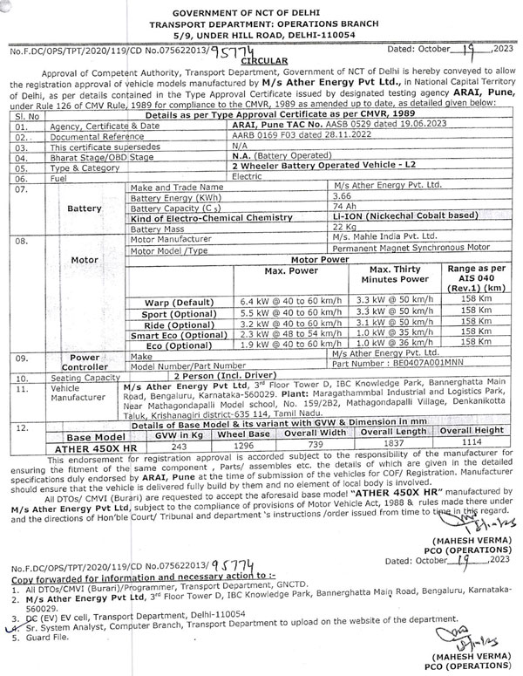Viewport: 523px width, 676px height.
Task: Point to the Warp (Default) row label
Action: [x=175, y=300]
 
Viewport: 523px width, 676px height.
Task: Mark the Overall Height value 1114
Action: [x=471, y=445]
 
